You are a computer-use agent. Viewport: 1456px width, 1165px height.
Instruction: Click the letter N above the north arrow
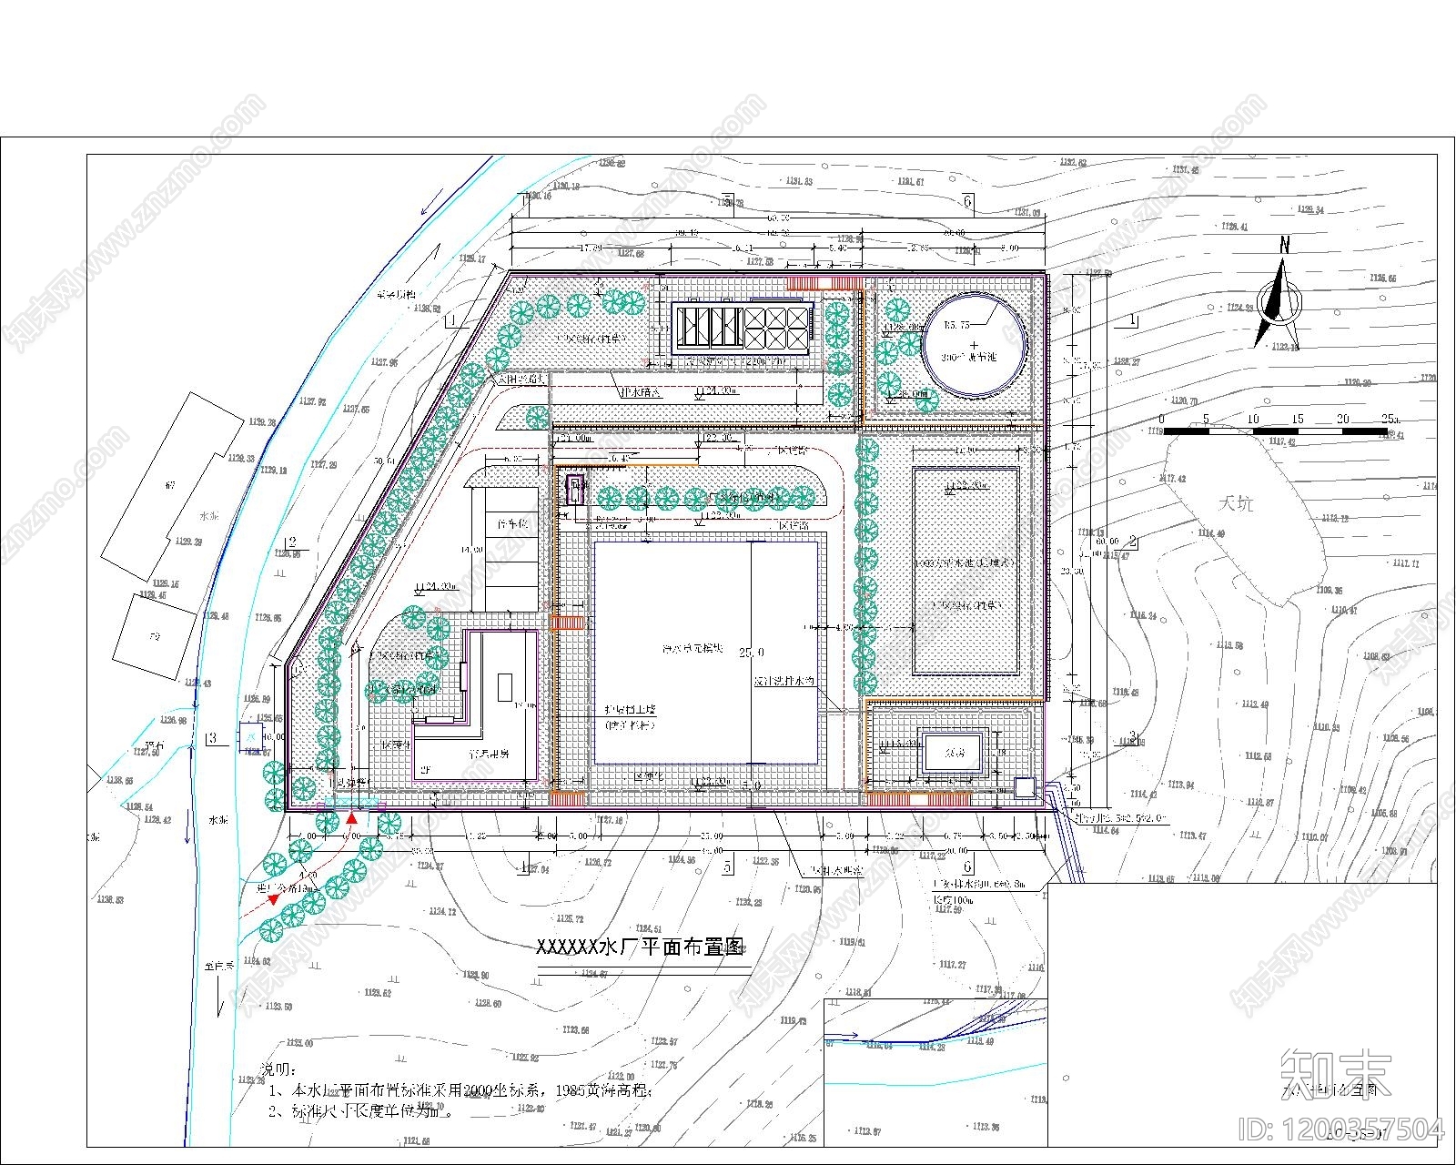tap(1285, 244)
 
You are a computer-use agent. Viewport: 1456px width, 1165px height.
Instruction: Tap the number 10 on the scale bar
tap(1253, 419)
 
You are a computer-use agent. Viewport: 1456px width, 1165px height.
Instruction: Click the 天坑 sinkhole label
tap(1237, 502)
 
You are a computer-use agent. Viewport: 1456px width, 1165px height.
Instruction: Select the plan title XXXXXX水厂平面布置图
tap(642, 947)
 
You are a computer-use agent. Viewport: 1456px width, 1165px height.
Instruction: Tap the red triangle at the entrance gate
tap(351, 819)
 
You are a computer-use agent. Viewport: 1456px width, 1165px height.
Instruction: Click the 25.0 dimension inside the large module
tap(751, 653)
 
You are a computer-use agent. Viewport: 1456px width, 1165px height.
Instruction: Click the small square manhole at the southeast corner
tap(1025, 788)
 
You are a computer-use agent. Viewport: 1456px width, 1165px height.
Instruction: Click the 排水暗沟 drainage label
tap(641, 393)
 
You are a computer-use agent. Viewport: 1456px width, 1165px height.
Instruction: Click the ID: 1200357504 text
tap(1341, 1130)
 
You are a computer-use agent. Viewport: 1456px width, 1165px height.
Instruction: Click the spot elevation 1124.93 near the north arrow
tap(1236, 309)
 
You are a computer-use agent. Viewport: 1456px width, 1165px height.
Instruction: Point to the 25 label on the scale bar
tap(1388, 419)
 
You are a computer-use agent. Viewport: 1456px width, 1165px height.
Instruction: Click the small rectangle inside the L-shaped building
tap(505, 686)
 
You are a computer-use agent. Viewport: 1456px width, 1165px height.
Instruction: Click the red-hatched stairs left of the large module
tap(568, 623)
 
